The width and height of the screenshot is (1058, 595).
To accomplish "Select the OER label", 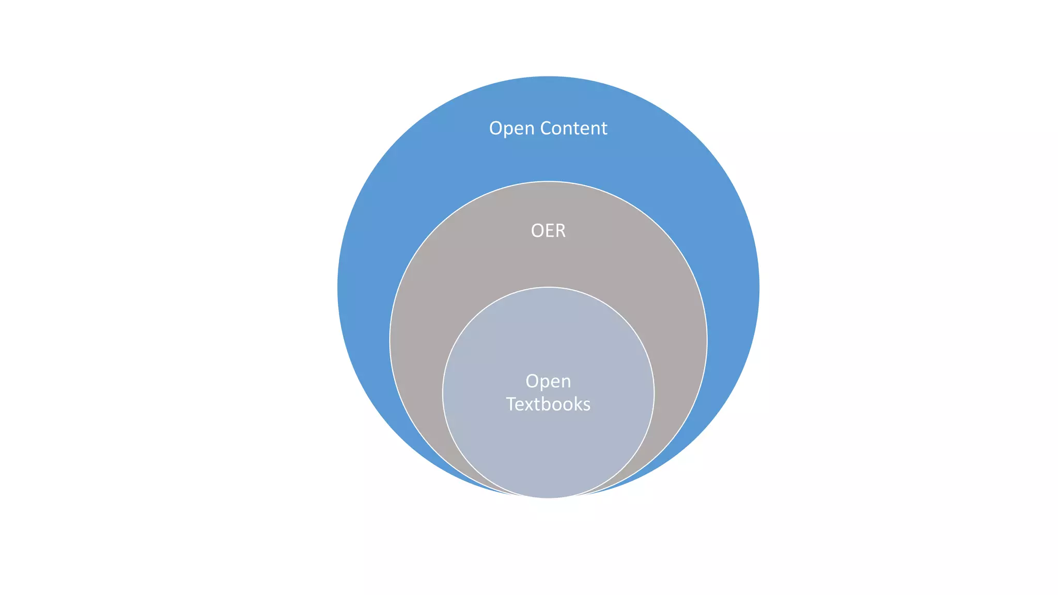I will pyautogui.click(x=548, y=230).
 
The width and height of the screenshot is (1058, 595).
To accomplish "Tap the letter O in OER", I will pyautogui.click(x=537, y=230).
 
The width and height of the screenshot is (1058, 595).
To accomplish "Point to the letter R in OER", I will pyautogui.click(x=560, y=230).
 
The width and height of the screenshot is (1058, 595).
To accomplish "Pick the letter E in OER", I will pyautogui.click(x=549, y=230).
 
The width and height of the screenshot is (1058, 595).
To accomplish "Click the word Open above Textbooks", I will pyautogui.click(x=548, y=382).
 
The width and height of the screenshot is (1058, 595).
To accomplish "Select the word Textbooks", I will pyautogui.click(x=548, y=404).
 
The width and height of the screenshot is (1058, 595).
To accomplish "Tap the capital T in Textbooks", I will pyautogui.click(x=510, y=404).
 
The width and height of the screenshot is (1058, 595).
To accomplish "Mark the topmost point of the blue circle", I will pyautogui.click(x=548, y=76).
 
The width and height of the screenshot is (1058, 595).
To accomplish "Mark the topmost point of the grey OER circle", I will pyautogui.click(x=548, y=181).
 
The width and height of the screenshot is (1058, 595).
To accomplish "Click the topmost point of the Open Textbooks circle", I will pyautogui.click(x=548, y=287).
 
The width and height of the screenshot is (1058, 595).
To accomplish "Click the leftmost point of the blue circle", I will pyautogui.click(x=338, y=287).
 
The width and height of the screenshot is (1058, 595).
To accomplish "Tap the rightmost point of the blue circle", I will pyautogui.click(x=759, y=287).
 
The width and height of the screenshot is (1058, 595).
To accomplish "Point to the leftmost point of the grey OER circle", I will pyautogui.click(x=390, y=340).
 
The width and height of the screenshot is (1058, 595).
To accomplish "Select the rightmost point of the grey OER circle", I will pyautogui.click(x=707, y=340).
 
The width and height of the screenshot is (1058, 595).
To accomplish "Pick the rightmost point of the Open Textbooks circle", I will pyautogui.click(x=654, y=393).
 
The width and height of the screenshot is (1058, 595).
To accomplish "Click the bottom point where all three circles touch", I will pyautogui.click(x=548, y=498).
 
